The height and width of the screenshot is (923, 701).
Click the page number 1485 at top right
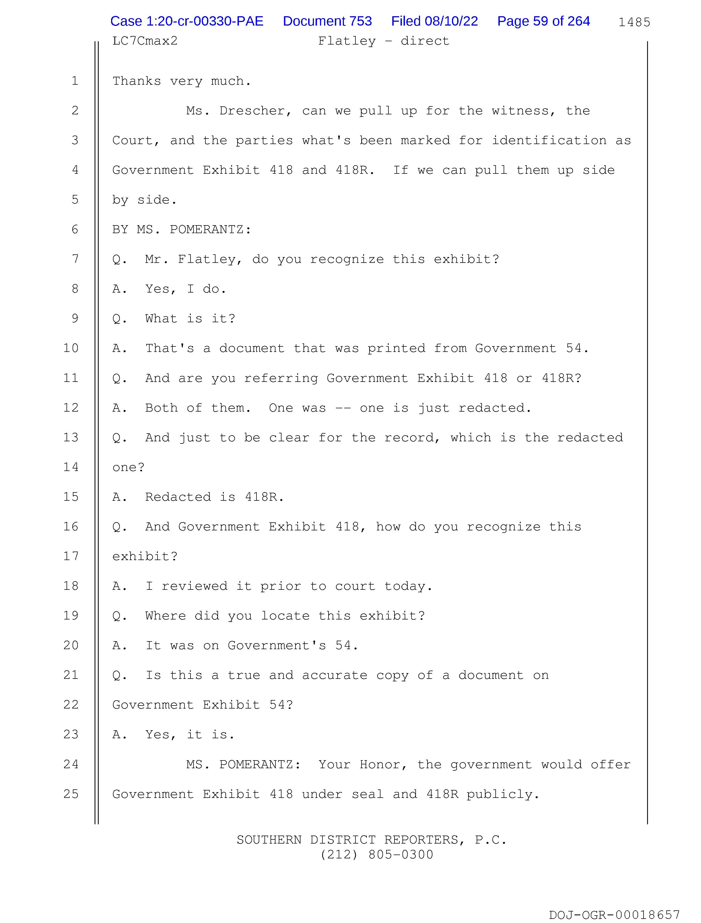[x=634, y=22]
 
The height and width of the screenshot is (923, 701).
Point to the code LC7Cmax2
[x=145, y=41]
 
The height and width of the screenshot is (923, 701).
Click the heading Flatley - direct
[x=383, y=41]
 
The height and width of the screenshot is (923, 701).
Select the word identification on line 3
[x=549, y=140]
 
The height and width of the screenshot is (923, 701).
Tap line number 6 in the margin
[x=75, y=230]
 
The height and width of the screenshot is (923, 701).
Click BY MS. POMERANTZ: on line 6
[x=181, y=230]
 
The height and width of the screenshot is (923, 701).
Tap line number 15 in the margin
[x=71, y=497]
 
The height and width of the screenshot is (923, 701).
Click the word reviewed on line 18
[x=194, y=586]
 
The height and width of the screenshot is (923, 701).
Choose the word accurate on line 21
[x=334, y=676]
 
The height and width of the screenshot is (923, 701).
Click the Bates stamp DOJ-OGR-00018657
[x=614, y=915]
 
